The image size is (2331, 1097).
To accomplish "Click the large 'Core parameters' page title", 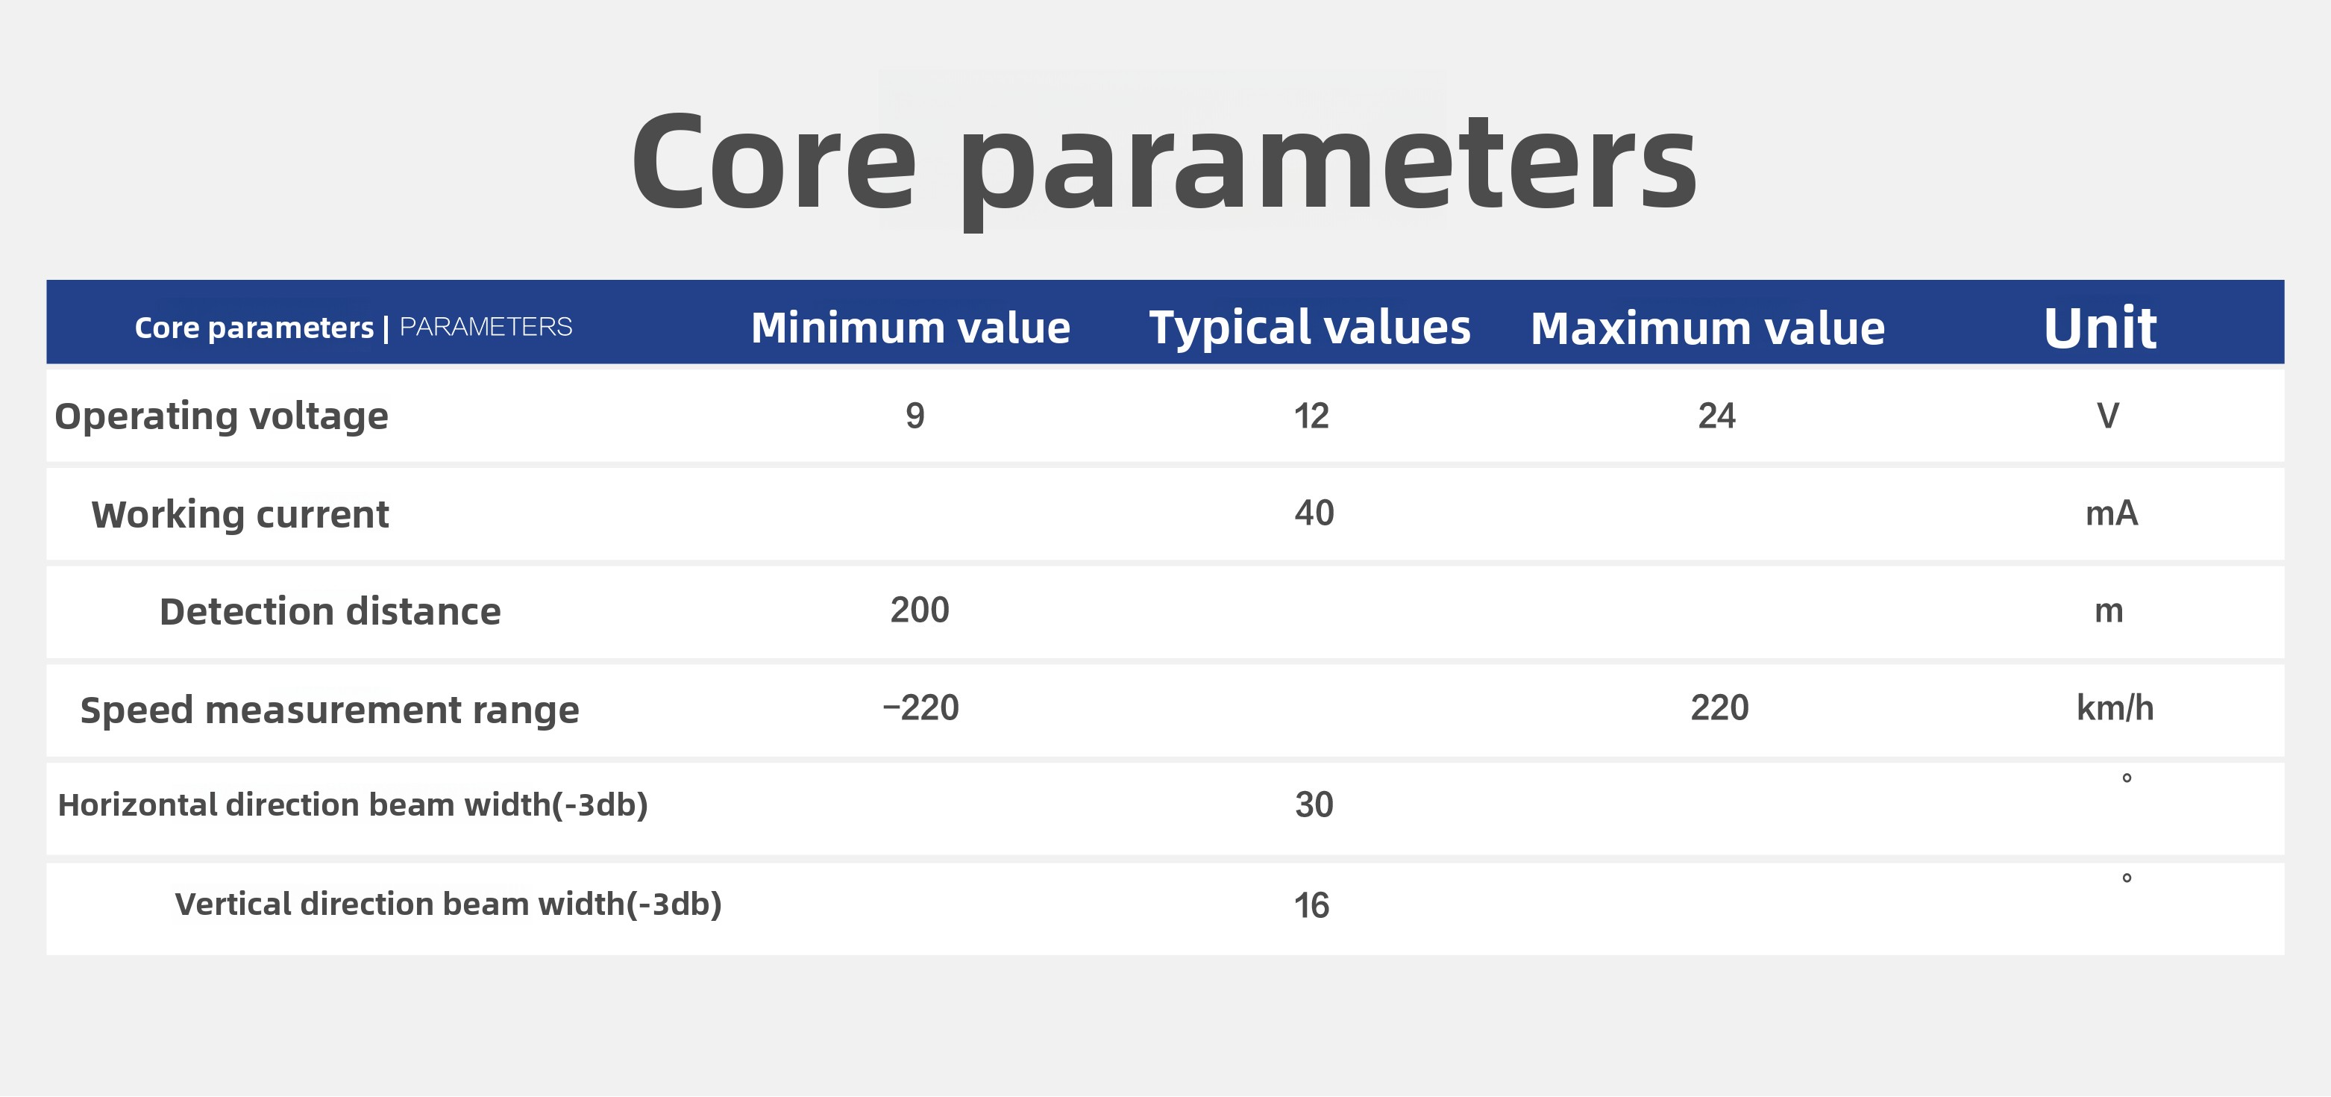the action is click(1164, 167).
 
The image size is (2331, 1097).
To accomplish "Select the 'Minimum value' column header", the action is click(910, 327).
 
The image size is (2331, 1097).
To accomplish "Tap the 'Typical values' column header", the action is click(1309, 328).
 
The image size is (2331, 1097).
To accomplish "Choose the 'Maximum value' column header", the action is click(1707, 328).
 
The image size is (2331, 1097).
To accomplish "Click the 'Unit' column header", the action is click(2099, 327).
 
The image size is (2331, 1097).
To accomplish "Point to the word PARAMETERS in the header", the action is click(486, 327).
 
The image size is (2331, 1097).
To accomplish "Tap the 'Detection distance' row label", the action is click(330, 612).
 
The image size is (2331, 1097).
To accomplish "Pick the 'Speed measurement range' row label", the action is click(330, 710).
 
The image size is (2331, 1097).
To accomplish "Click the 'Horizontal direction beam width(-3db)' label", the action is click(353, 804).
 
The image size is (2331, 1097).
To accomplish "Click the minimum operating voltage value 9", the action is click(914, 416).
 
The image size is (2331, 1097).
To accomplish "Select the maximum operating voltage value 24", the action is click(1716, 416).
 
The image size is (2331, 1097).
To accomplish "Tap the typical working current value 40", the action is click(1314, 513).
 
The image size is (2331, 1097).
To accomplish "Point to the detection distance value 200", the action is click(920, 610).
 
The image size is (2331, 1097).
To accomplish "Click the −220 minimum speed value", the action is click(920, 707).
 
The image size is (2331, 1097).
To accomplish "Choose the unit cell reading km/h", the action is click(2115, 707).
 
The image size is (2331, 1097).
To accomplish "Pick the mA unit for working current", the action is click(2111, 514).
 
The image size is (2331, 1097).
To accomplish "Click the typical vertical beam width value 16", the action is click(1311, 905).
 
